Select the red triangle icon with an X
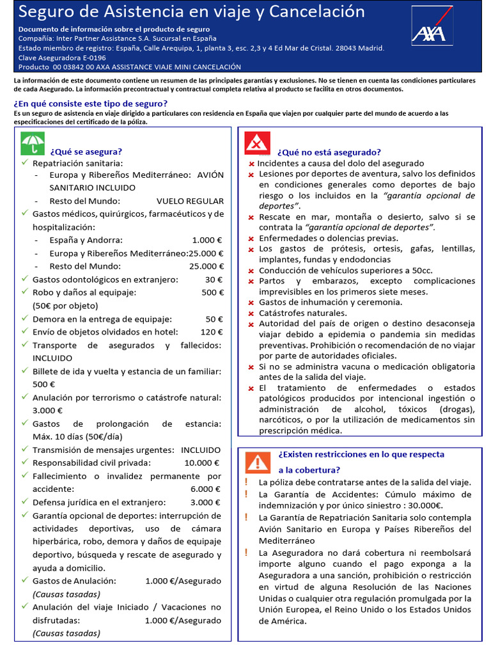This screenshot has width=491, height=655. tap(258, 143)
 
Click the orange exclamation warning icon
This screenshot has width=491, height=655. tap(258, 461)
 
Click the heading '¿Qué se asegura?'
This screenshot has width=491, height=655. tap(86, 152)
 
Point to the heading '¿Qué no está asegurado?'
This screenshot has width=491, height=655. tap(329, 152)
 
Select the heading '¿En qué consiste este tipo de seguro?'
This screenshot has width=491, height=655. tap(91, 104)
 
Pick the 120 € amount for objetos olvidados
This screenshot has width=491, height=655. tap(211, 332)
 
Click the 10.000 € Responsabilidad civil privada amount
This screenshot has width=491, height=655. tap(201, 462)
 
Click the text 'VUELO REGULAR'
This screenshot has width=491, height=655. tap(190, 201)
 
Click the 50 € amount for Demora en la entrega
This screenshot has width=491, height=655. tap(214, 319)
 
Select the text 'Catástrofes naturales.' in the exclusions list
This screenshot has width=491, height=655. tap(303, 313)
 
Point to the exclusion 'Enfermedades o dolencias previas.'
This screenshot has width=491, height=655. tap(329, 238)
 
